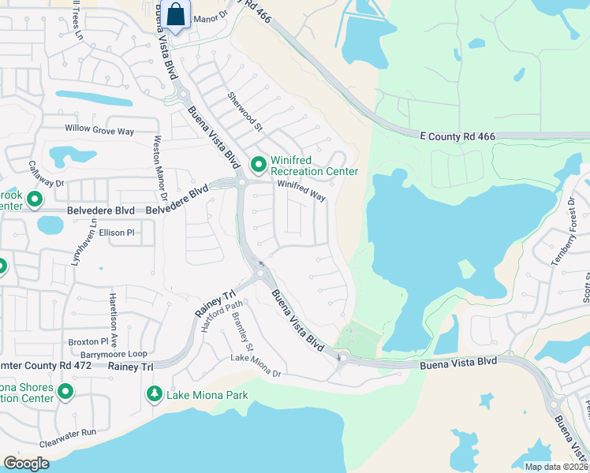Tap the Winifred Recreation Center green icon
click(258, 166)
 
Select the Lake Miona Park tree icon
click(155, 393)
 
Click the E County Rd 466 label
click(457, 136)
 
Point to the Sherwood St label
click(244, 110)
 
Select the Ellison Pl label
click(118, 233)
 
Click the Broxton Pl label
click(88, 342)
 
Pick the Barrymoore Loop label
click(114, 355)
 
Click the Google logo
click(27, 464)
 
